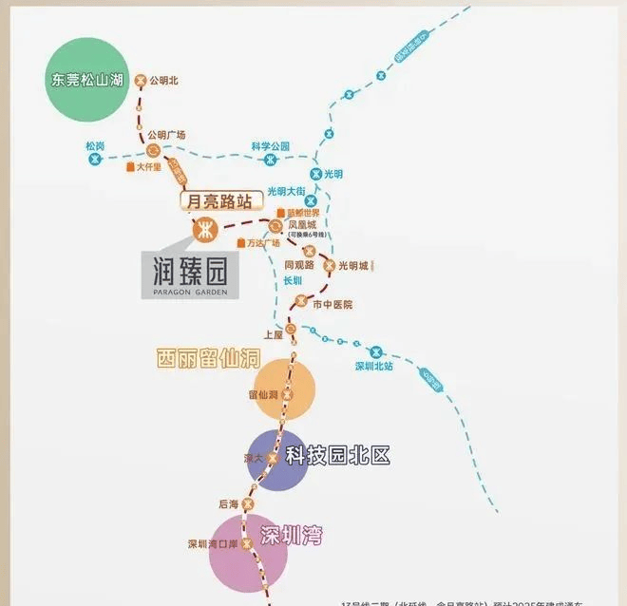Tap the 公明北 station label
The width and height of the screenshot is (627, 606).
[x=164, y=81]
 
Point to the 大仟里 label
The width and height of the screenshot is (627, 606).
[x=148, y=167]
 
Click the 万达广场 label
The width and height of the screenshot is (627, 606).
[x=264, y=243]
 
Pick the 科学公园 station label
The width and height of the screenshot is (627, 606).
[x=270, y=146]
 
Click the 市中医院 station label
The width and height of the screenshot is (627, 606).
[x=332, y=304]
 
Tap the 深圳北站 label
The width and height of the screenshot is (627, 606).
[x=373, y=366]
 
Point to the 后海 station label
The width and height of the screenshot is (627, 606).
[x=227, y=503]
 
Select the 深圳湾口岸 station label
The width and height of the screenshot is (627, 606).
[x=210, y=544]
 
